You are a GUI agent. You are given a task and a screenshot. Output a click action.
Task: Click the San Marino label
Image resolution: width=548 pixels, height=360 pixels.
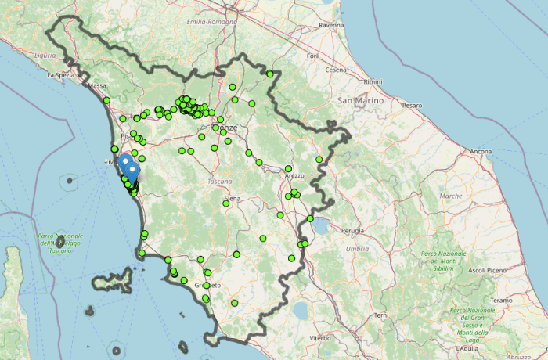[360, 101]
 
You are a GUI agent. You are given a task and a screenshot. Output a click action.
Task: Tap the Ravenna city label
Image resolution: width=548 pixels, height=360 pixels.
[331, 26]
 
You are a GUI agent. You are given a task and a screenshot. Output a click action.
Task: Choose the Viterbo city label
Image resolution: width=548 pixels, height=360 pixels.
[320, 337]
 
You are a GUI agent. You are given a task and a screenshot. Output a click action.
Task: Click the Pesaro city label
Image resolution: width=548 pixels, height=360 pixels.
[412, 105]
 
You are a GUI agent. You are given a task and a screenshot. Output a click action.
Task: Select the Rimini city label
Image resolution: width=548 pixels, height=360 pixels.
[373, 81]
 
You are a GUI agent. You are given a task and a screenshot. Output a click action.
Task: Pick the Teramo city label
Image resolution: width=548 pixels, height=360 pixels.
[501, 300]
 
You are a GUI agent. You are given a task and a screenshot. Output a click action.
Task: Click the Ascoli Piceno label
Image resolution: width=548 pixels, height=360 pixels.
[487, 270]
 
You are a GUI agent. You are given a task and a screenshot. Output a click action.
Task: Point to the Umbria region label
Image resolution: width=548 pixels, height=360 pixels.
[357, 248]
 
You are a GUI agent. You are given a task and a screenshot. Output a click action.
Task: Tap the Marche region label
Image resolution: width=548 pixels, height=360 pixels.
[451, 196]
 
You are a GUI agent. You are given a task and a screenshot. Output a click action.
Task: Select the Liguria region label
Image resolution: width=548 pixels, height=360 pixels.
[45, 56]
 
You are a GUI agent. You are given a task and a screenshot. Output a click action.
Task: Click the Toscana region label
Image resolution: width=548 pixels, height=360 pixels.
[220, 181]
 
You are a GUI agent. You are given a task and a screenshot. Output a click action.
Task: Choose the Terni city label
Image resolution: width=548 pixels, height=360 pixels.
[381, 315]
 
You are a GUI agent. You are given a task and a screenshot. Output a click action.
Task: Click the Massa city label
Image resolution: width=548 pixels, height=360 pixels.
[97, 85]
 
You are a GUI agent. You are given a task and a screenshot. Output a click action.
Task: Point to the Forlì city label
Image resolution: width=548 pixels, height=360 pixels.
[314, 56]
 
